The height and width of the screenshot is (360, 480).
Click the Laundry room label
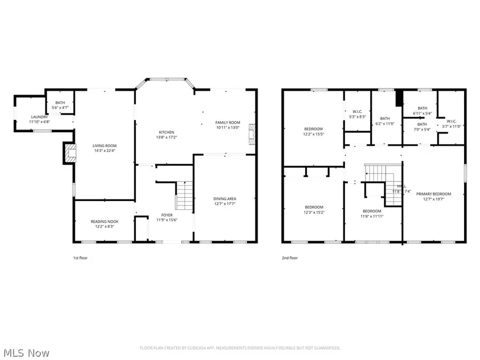click(x=39, y=117)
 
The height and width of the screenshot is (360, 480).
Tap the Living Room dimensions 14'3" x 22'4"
click(x=105, y=150)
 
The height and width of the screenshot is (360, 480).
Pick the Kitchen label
click(x=166, y=133)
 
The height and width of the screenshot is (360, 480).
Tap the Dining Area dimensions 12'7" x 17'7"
click(x=225, y=203)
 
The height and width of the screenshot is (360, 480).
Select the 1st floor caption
click(x=80, y=258)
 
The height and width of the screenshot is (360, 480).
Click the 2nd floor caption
click(x=290, y=258)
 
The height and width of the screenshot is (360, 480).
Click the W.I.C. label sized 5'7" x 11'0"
click(x=451, y=121)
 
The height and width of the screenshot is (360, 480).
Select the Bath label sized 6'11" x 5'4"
click(x=422, y=108)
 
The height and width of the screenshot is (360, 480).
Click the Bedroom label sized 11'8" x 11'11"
click(x=372, y=211)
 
